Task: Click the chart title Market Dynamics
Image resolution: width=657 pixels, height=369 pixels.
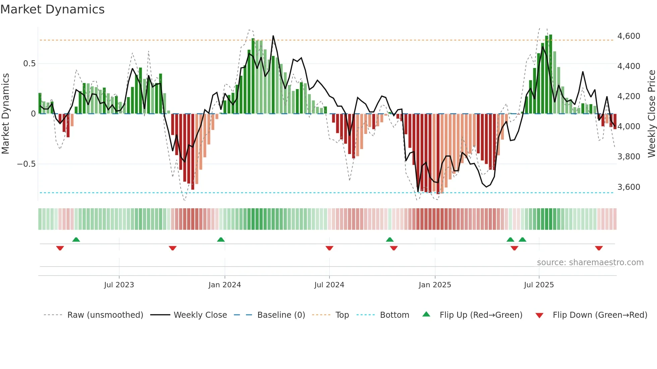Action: pos(52,9)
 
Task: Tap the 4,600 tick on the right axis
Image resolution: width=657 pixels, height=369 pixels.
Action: pos(629,36)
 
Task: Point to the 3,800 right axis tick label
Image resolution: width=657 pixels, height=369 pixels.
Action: pos(629,157)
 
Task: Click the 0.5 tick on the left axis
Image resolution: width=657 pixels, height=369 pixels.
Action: pos(29,64)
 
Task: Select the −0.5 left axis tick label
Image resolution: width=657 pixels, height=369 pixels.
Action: pos(26,164)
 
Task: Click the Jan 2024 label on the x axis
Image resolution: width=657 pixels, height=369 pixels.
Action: pos(225,285)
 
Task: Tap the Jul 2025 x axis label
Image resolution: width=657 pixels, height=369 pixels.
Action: pos(539,285)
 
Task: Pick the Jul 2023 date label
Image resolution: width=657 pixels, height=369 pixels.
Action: pos(119,285)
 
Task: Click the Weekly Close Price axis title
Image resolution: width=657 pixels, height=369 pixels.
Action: pos(651,114)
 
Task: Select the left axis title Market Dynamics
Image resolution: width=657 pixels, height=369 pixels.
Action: pos(5,114)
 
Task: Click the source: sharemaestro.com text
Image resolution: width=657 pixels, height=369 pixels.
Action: pos(590,263)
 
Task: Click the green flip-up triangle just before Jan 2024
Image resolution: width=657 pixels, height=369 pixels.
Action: pos(221,240)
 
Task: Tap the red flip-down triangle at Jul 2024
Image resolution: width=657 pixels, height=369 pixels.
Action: pos(329,248)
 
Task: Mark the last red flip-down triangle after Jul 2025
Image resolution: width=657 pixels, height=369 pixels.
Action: pos(599,248)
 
